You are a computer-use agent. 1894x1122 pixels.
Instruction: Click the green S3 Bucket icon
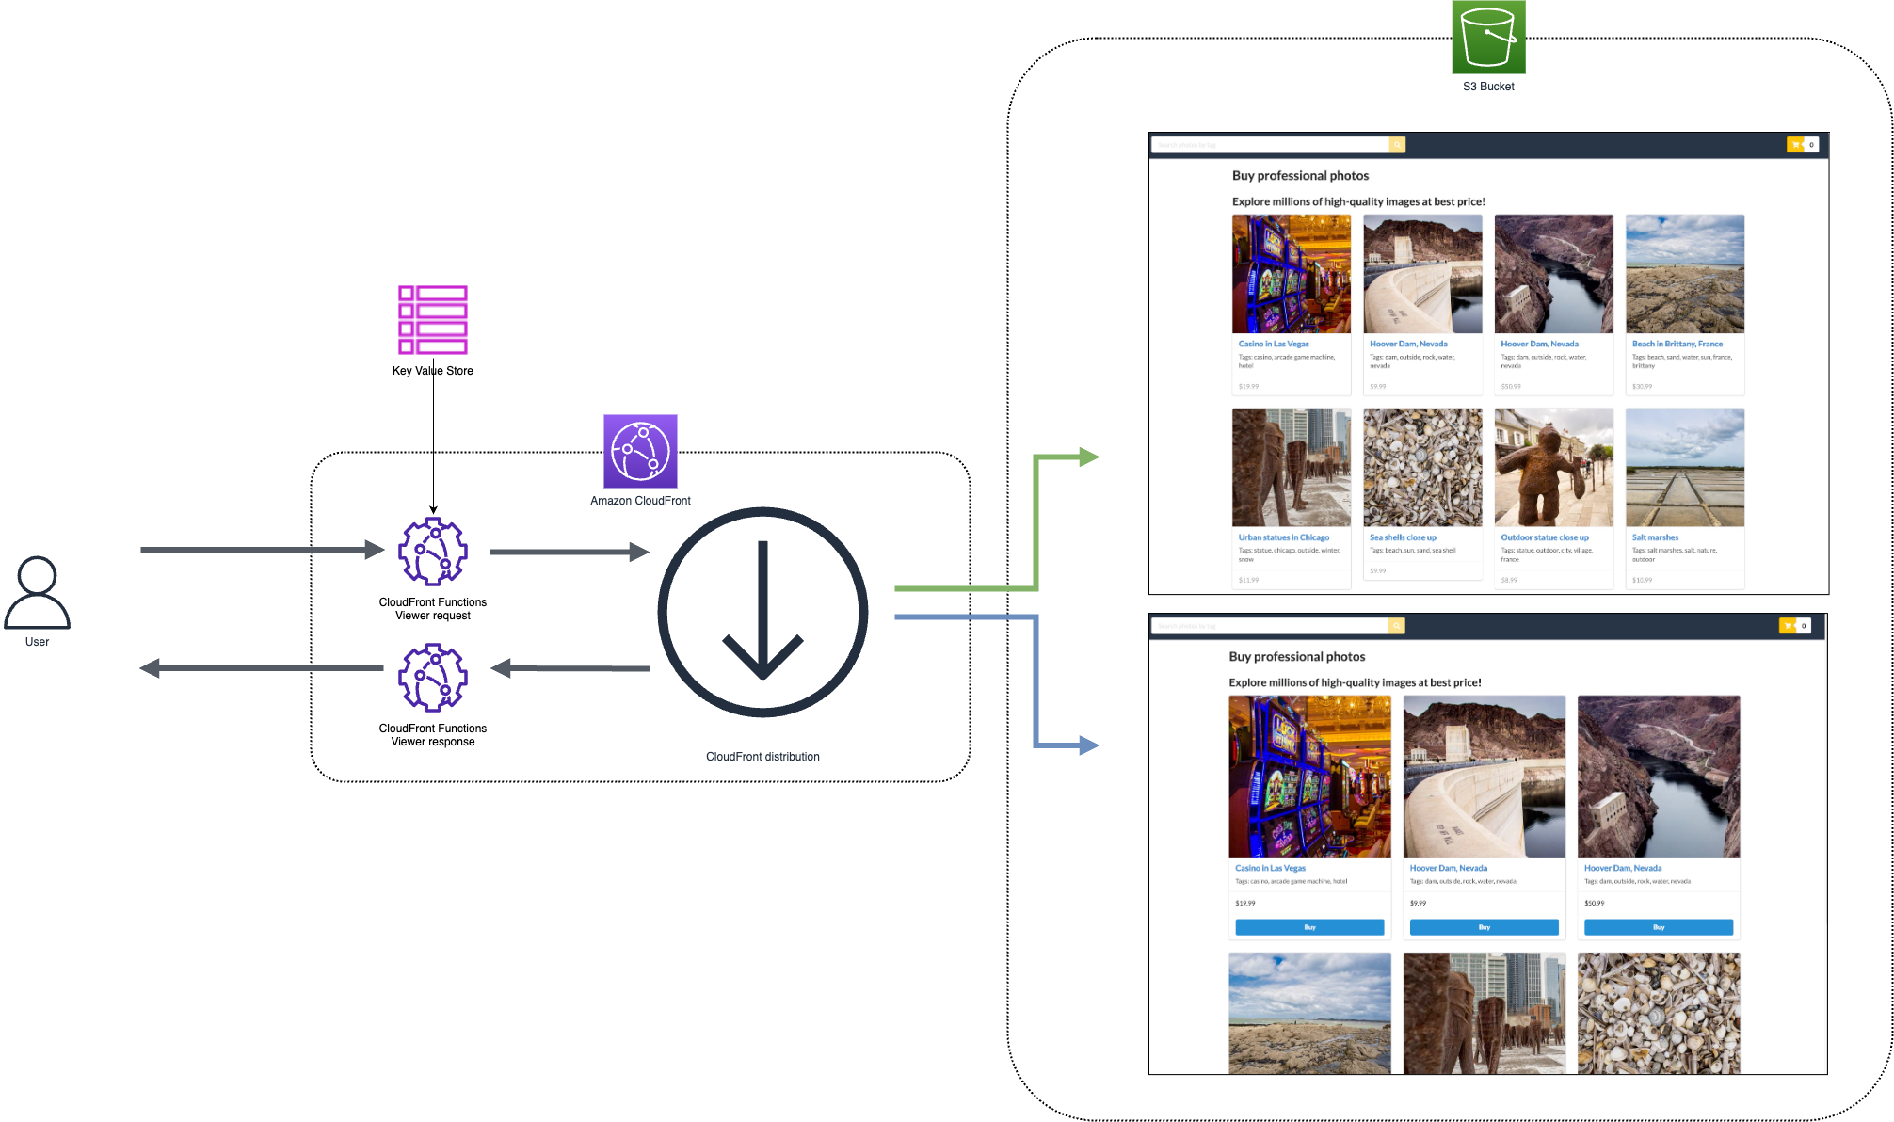pos(1488,37)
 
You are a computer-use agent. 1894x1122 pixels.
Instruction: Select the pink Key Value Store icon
pos(433,320)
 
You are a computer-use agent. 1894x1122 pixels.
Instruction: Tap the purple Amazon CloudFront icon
pos(640,451)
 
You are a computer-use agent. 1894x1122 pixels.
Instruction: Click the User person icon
pos(38,593)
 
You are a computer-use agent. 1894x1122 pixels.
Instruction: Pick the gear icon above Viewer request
pos(433,552)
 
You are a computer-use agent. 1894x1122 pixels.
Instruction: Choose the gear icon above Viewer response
pos(433,678)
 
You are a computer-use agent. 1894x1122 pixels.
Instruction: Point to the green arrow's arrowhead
pos(1088,457)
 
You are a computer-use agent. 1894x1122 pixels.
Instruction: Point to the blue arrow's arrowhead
pos(1088,745)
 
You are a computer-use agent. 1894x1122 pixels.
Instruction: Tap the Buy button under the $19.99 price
pos(1309,927)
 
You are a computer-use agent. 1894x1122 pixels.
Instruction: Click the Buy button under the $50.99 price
pos(1659,927)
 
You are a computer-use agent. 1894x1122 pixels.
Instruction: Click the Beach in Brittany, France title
pos(1677,344)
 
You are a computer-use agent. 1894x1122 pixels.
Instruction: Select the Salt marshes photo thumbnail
pos(1685,468)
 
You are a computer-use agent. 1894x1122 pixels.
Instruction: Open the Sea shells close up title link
pos(1403,537)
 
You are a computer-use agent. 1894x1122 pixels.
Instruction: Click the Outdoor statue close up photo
pos(1553,468)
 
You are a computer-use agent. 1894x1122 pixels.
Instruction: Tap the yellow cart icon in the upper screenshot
pos(1796,144)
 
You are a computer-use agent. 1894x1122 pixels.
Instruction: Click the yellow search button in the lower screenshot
pos(1397,626)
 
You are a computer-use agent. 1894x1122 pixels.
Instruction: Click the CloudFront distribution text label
pos(762,757)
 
